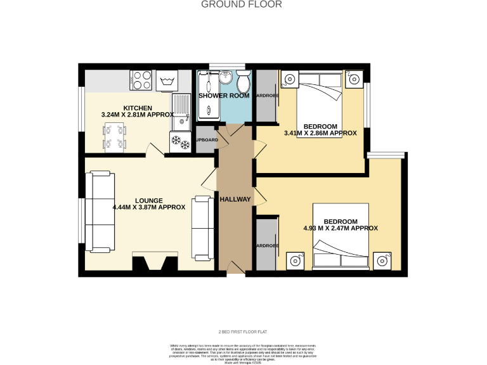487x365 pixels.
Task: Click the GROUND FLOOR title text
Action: [x=242, y=4]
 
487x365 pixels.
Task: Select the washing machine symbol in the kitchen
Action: [x=167, y=80]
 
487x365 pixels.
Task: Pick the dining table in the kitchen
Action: [x=115, y=136]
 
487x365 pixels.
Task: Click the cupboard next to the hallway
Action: [x=206, y=140]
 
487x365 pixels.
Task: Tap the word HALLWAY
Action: [x=235, y=200]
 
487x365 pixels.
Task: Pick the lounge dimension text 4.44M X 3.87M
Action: [x=149, y=207]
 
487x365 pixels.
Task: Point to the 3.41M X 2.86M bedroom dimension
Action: [x=320, y=133]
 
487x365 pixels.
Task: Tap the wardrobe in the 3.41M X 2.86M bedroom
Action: [x=264, y=96]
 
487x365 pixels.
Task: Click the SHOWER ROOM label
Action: [x=224, y=96]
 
